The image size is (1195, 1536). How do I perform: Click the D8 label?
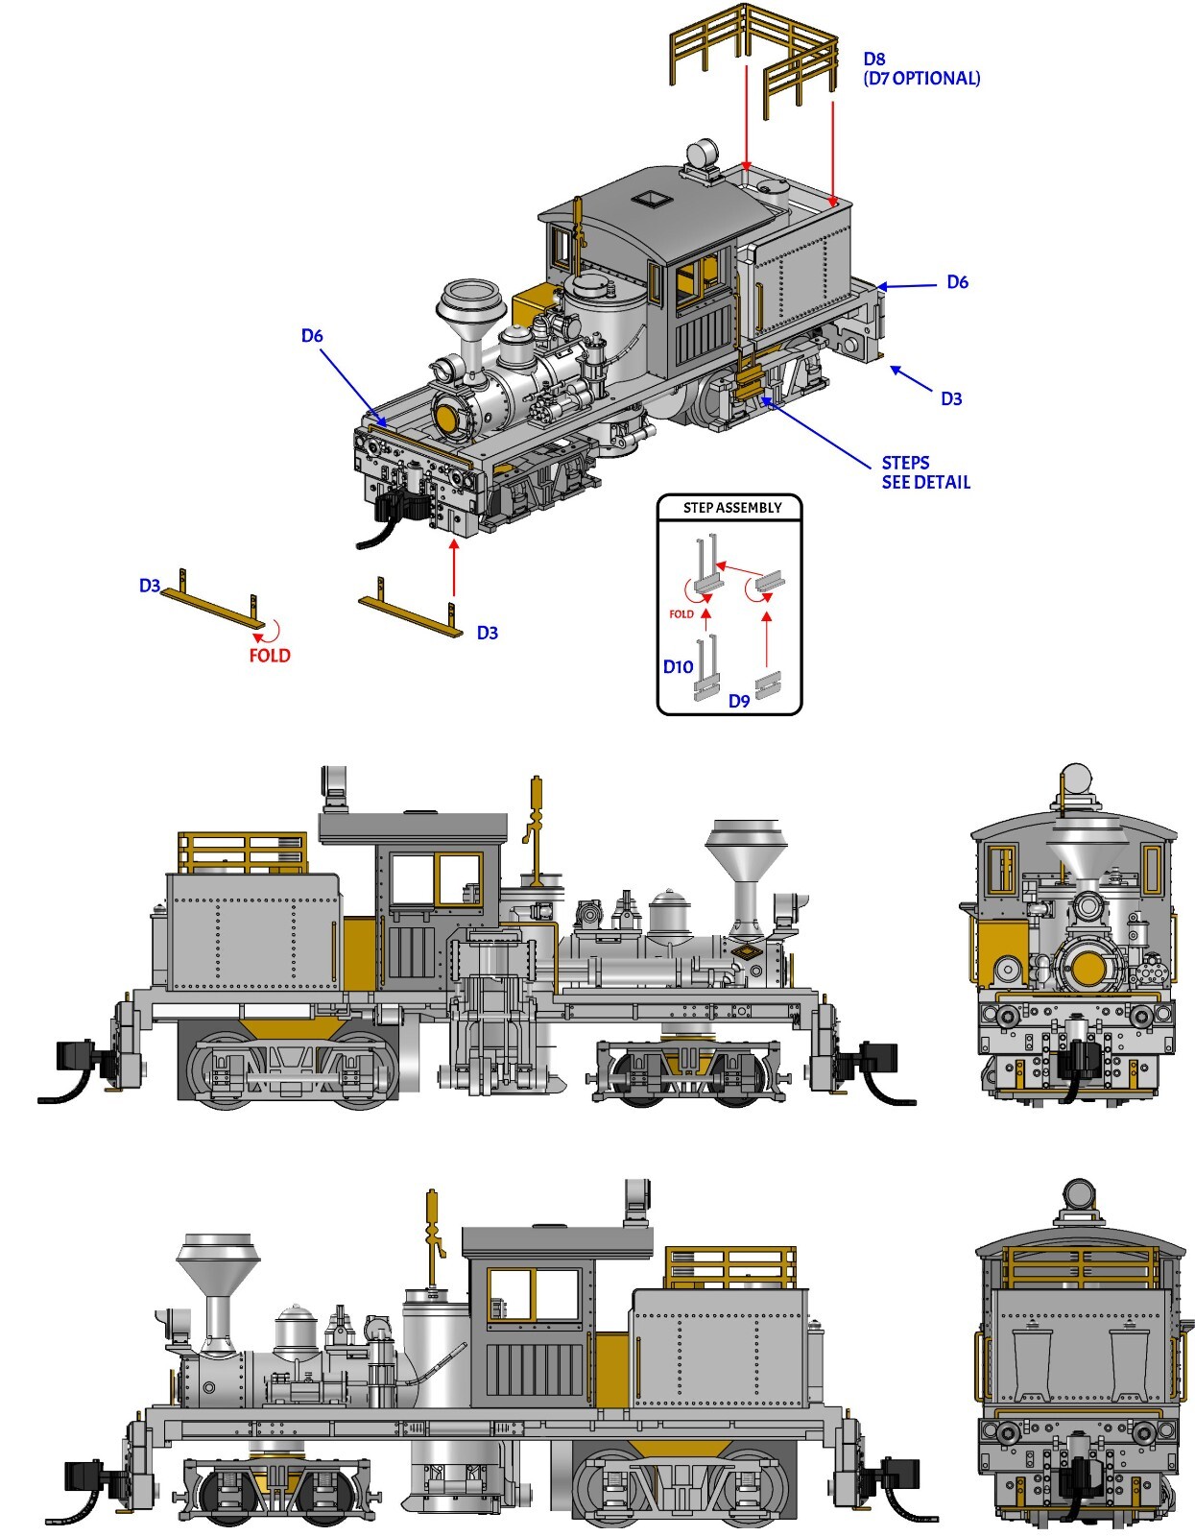point(873,60)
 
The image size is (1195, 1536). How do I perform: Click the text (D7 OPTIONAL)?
point(921,79)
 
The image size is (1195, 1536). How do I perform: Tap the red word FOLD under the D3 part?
point(269,656)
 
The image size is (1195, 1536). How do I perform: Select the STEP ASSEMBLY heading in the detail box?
point(731,508)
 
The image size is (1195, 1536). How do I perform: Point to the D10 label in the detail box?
point(678,667)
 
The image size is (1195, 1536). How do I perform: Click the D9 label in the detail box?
point(738,701)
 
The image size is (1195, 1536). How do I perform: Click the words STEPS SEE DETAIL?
point(925,472)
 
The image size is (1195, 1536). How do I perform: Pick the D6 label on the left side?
point(312,335)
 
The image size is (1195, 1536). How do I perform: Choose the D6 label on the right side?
point(957,281)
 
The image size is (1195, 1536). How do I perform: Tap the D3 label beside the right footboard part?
point(487,633)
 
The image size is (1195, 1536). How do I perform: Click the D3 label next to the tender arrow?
point(950,398)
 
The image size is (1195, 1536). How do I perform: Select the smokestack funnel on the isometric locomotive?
point(470,304)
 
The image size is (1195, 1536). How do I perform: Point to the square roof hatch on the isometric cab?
point(651,198)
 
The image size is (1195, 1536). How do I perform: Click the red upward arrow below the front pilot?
point(453,568)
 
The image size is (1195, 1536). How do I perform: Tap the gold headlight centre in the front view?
point(1087,968)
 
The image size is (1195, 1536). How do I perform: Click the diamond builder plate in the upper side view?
point(746,952)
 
